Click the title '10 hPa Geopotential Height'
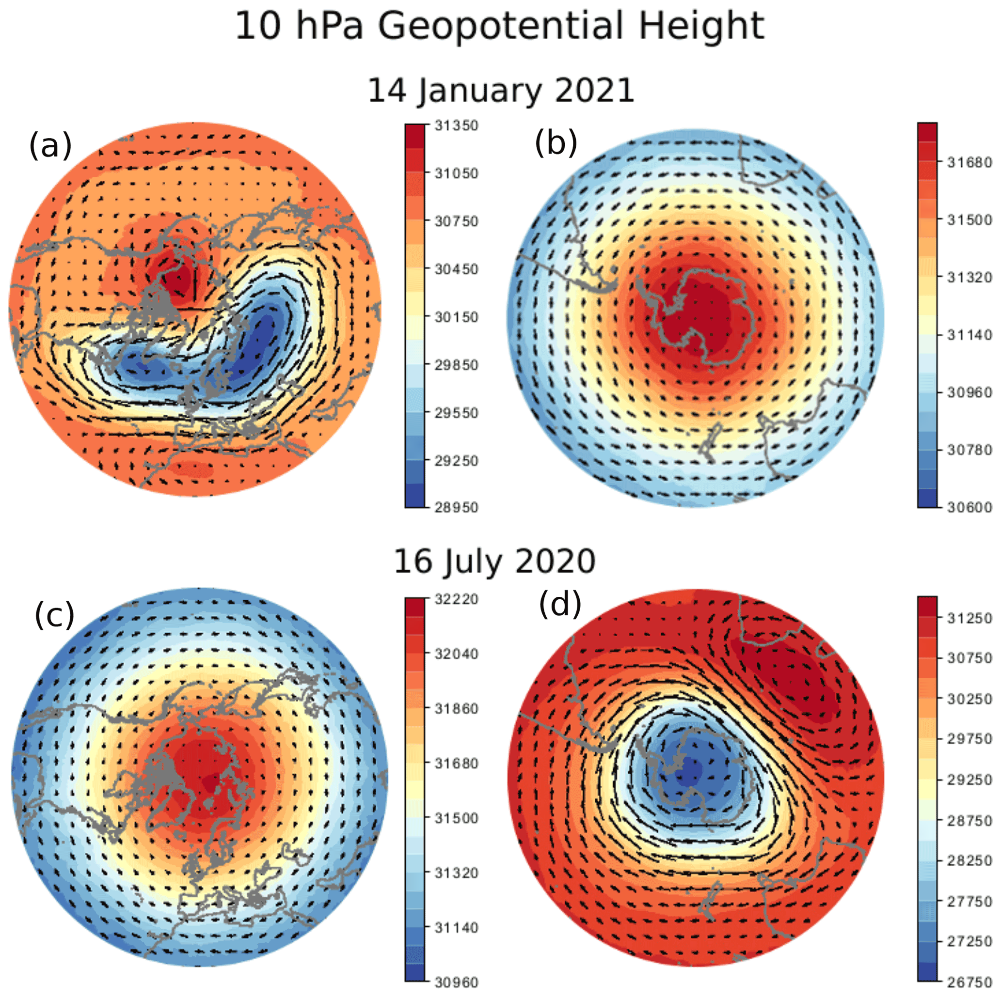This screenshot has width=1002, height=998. (x=499, y=26)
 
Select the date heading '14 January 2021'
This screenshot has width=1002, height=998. (x=500, y=91)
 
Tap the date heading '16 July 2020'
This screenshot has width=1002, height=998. (x=494, y=561)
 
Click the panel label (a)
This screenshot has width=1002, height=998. (x=50, y=145)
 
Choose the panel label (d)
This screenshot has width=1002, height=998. (x=560, y=604)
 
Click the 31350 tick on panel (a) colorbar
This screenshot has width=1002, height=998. (x=456, y=125)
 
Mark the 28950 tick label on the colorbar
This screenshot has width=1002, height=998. (x=456, y=507)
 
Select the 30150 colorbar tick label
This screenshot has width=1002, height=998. (x=456, y=317)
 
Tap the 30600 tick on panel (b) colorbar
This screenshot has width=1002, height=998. (x=970, y=507)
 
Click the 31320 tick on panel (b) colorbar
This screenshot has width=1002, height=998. (x=970, y=278)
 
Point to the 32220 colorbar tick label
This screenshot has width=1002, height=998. (x=456, y=599)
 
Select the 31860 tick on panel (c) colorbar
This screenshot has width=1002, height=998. (x=456, y=709)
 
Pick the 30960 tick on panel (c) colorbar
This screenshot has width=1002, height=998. (x=456, y=982)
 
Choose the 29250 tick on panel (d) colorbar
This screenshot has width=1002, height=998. (x=970, y=780)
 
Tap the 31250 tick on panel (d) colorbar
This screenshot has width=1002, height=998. (x=970, y=618)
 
